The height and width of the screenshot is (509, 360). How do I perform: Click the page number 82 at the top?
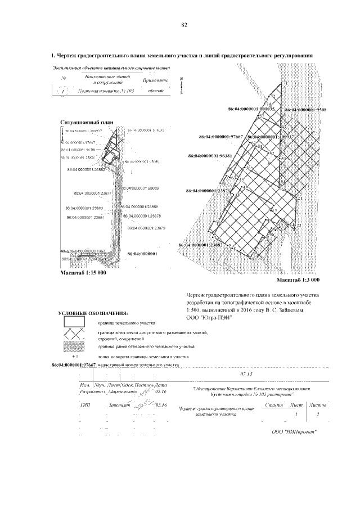184,25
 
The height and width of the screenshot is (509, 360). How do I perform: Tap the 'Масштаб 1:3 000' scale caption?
298,280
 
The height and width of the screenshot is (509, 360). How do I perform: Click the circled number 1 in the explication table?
64,90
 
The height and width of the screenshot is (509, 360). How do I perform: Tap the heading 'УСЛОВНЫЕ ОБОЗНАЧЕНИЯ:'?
93,313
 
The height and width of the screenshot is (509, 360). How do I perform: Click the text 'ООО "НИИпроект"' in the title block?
294,431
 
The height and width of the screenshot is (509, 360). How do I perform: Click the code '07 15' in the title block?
246,374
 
